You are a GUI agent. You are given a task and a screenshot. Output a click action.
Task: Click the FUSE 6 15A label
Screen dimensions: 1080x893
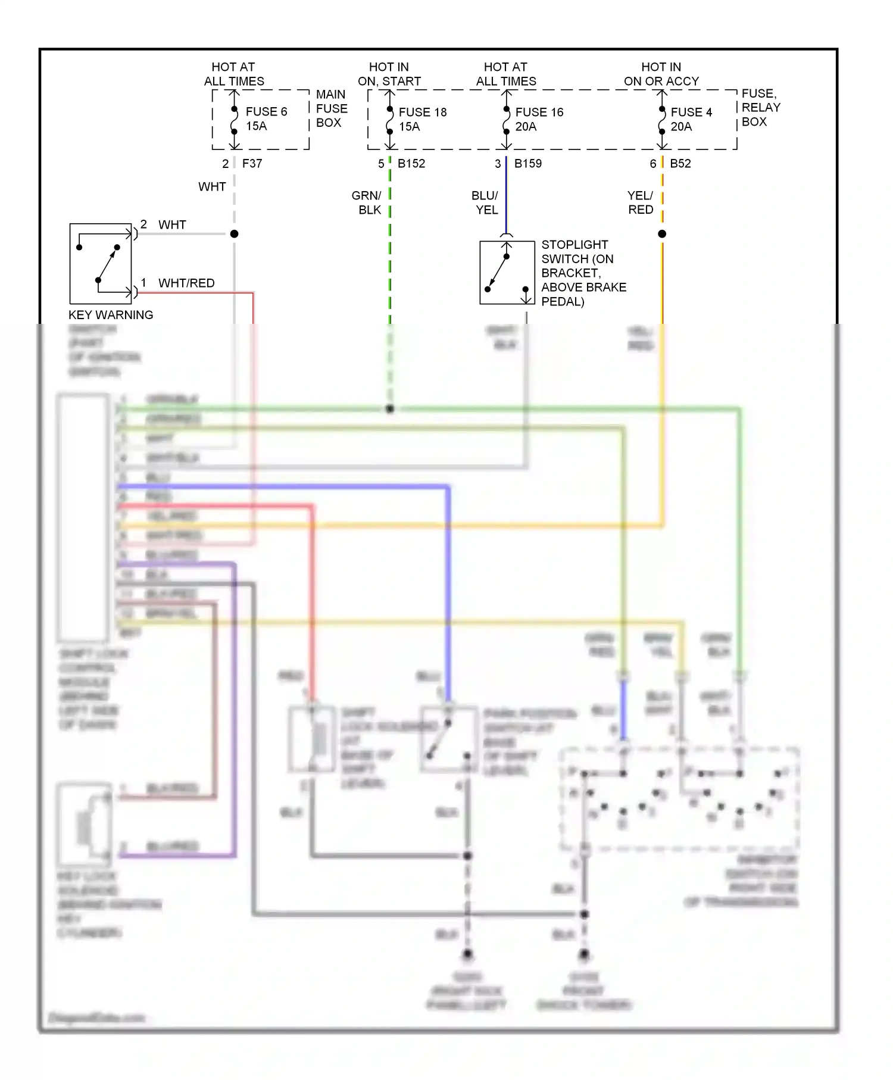(266, 118)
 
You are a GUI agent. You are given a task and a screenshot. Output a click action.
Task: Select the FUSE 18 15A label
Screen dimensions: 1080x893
(422, 119)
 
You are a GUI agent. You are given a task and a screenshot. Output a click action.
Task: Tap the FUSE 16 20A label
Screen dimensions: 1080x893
(539, 119)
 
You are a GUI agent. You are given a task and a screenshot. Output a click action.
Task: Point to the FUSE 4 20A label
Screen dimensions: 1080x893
(691, 119)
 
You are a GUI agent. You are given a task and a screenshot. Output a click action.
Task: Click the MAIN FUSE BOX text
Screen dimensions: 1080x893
(331, 108)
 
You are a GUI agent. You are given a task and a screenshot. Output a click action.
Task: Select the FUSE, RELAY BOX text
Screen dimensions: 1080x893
(760, 107)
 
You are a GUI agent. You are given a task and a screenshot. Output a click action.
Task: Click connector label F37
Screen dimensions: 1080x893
(252, 163)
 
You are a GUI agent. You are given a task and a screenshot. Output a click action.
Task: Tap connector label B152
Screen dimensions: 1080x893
(411, 163)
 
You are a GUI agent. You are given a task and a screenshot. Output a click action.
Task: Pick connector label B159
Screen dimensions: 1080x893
(528, 163)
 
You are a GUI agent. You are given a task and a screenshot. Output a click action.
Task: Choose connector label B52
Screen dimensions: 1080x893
(680, 163)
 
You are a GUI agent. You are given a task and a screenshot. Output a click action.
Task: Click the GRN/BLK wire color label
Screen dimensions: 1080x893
(367, 202)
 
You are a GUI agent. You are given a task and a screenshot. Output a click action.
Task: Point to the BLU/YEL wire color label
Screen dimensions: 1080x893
(485, 202)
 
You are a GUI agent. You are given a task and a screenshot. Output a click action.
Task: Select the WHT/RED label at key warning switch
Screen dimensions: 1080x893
(186, 283)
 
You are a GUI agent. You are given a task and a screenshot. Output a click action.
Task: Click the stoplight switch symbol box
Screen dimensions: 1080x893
(507, 273)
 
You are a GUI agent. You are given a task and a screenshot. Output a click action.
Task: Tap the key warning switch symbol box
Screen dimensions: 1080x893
(100, 264)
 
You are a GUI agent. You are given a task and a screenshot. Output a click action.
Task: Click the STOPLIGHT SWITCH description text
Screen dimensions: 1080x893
(583, 273)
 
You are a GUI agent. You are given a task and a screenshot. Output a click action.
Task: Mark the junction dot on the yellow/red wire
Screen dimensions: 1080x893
(662, 234)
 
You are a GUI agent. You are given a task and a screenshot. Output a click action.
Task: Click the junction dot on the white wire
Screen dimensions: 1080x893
(235, 234)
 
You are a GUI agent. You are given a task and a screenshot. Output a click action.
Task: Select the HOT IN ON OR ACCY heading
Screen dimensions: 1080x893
(661, 74)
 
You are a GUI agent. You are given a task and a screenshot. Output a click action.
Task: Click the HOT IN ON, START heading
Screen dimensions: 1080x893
(389, 74)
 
